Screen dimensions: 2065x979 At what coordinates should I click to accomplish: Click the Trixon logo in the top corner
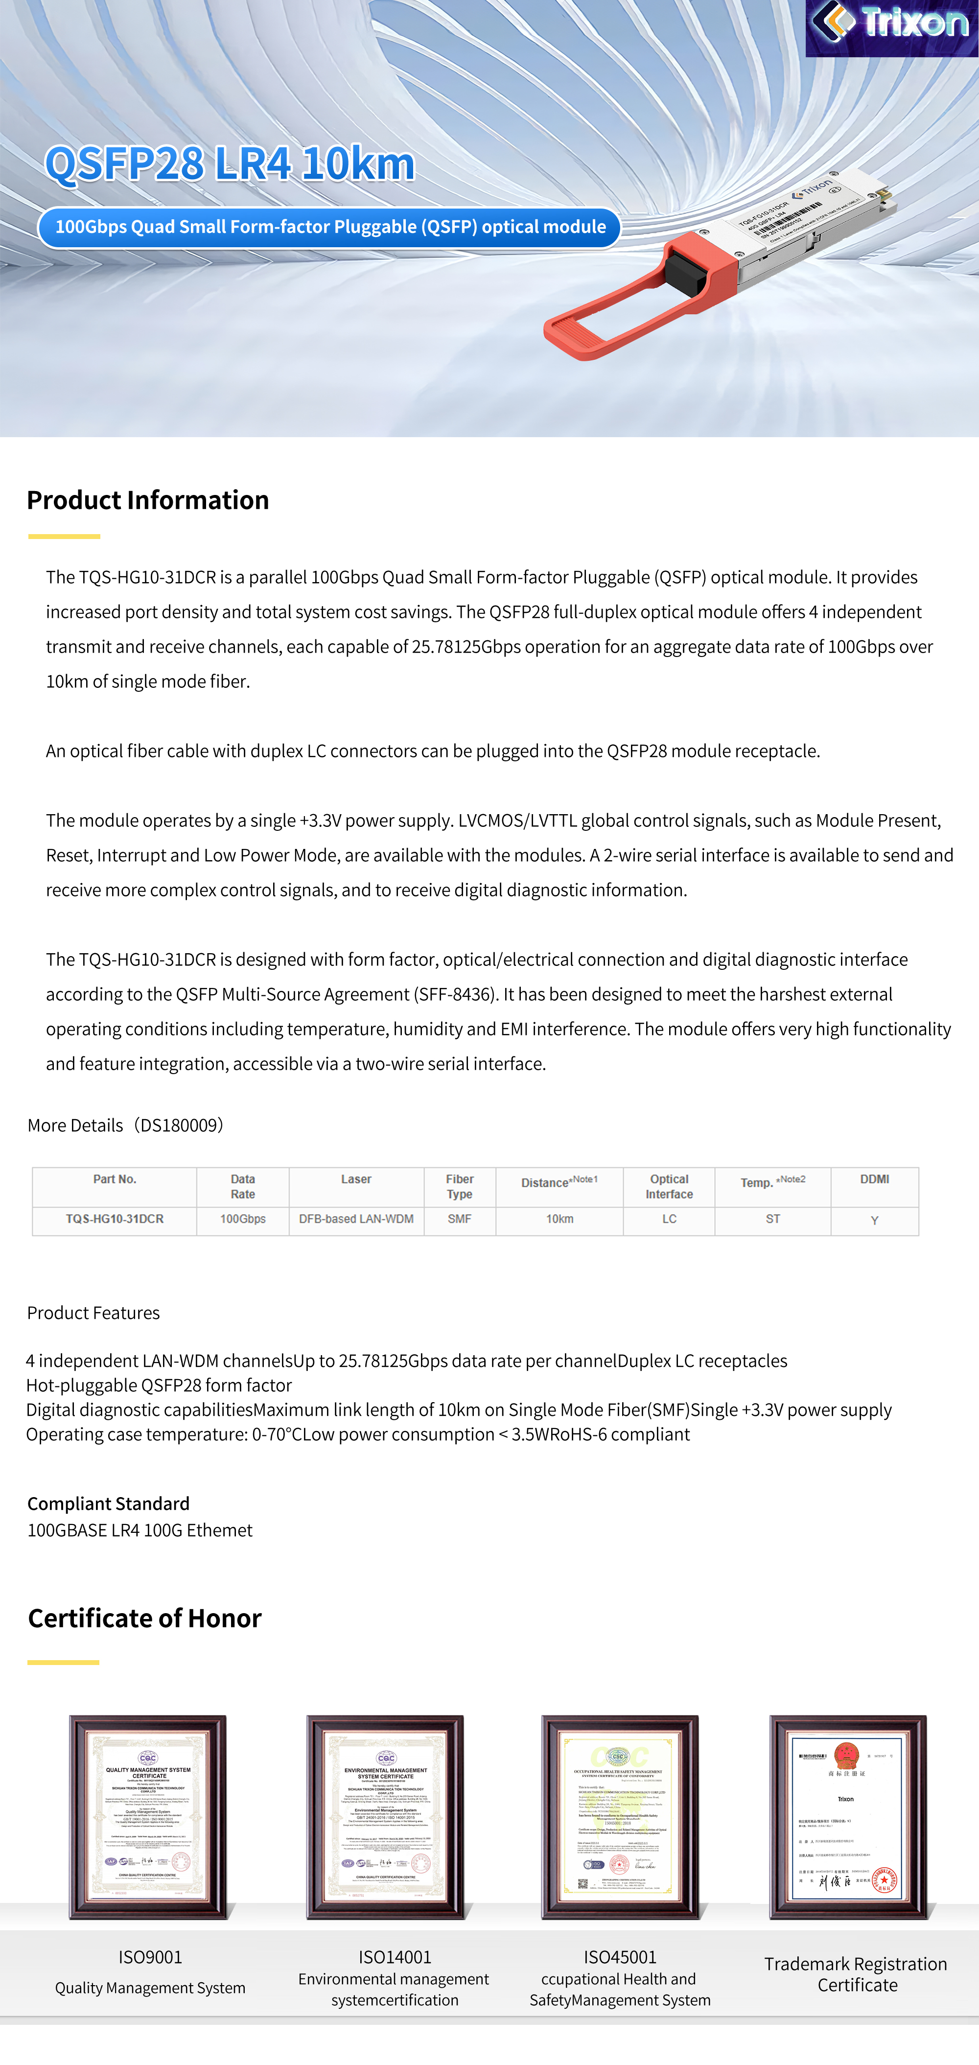(891, 24)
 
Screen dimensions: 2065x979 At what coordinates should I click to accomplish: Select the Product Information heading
(148, 500)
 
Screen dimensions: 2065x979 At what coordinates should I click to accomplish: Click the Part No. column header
(115, 1179)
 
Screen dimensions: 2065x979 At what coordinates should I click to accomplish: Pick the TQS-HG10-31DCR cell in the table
(115, 1220)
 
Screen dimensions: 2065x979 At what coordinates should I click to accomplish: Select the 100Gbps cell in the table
(243, 1220)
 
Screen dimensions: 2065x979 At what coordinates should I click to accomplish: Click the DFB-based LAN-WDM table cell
(356, 1220)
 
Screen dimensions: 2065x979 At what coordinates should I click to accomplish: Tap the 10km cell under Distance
(559, 1220)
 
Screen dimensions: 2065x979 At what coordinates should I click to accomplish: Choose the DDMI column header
(874, 1179)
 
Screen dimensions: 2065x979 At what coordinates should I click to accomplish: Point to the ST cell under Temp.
(772, 1220)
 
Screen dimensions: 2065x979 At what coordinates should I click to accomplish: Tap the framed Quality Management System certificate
(148, 1817)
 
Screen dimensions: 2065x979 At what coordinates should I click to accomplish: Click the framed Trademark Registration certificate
(847, 1817)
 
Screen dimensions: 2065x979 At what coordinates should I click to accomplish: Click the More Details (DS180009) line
(126, 1126)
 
